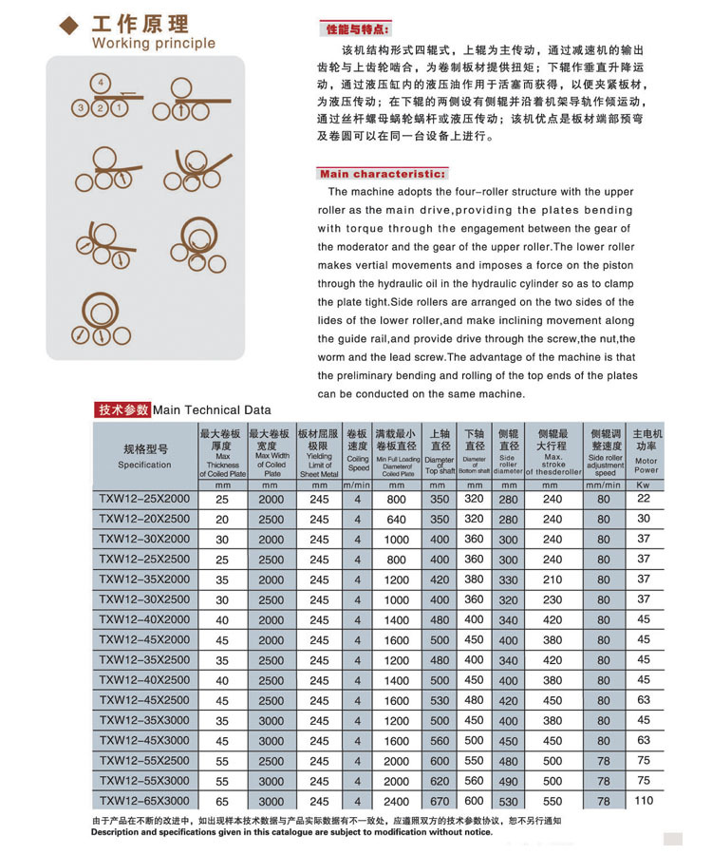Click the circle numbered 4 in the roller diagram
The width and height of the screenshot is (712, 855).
point(102,81)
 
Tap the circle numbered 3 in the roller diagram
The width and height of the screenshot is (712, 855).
point(83,107)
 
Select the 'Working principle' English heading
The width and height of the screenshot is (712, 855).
point(154,43)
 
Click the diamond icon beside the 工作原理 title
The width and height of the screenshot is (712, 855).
point(68,26)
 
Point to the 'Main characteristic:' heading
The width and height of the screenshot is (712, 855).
point(382,174)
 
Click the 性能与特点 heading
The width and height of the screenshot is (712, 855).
point(357,30)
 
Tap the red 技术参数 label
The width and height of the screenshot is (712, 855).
point(122,409)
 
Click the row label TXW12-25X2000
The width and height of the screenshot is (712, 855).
point(144,499)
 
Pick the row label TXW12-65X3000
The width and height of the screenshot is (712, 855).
point(144,801)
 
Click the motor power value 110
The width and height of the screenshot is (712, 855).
point(646,801)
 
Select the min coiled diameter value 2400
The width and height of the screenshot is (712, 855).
point(397,802)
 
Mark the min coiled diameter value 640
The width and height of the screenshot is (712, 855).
point(397,520)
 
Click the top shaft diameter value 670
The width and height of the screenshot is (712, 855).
point(440,801)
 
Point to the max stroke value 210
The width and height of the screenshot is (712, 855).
point(553,579)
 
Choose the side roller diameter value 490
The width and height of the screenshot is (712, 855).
point(509,781)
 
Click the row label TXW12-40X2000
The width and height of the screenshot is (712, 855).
point(144,619)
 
